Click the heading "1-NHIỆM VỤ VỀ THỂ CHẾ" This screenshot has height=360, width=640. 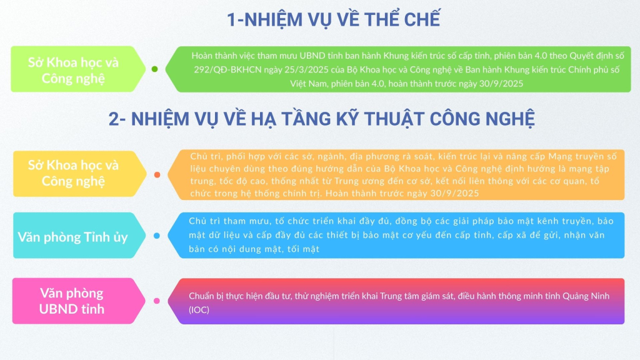334,19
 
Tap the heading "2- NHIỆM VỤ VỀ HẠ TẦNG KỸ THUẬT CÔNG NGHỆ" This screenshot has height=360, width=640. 322,118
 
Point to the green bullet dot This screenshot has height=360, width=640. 155,69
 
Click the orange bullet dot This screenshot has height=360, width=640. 157,175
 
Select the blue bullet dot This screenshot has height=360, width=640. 157,236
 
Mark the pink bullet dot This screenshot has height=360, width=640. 157,301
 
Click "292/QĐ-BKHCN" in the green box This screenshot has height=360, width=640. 227,70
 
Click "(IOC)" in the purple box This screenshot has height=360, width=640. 199,310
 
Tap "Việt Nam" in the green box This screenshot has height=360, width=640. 307,84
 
